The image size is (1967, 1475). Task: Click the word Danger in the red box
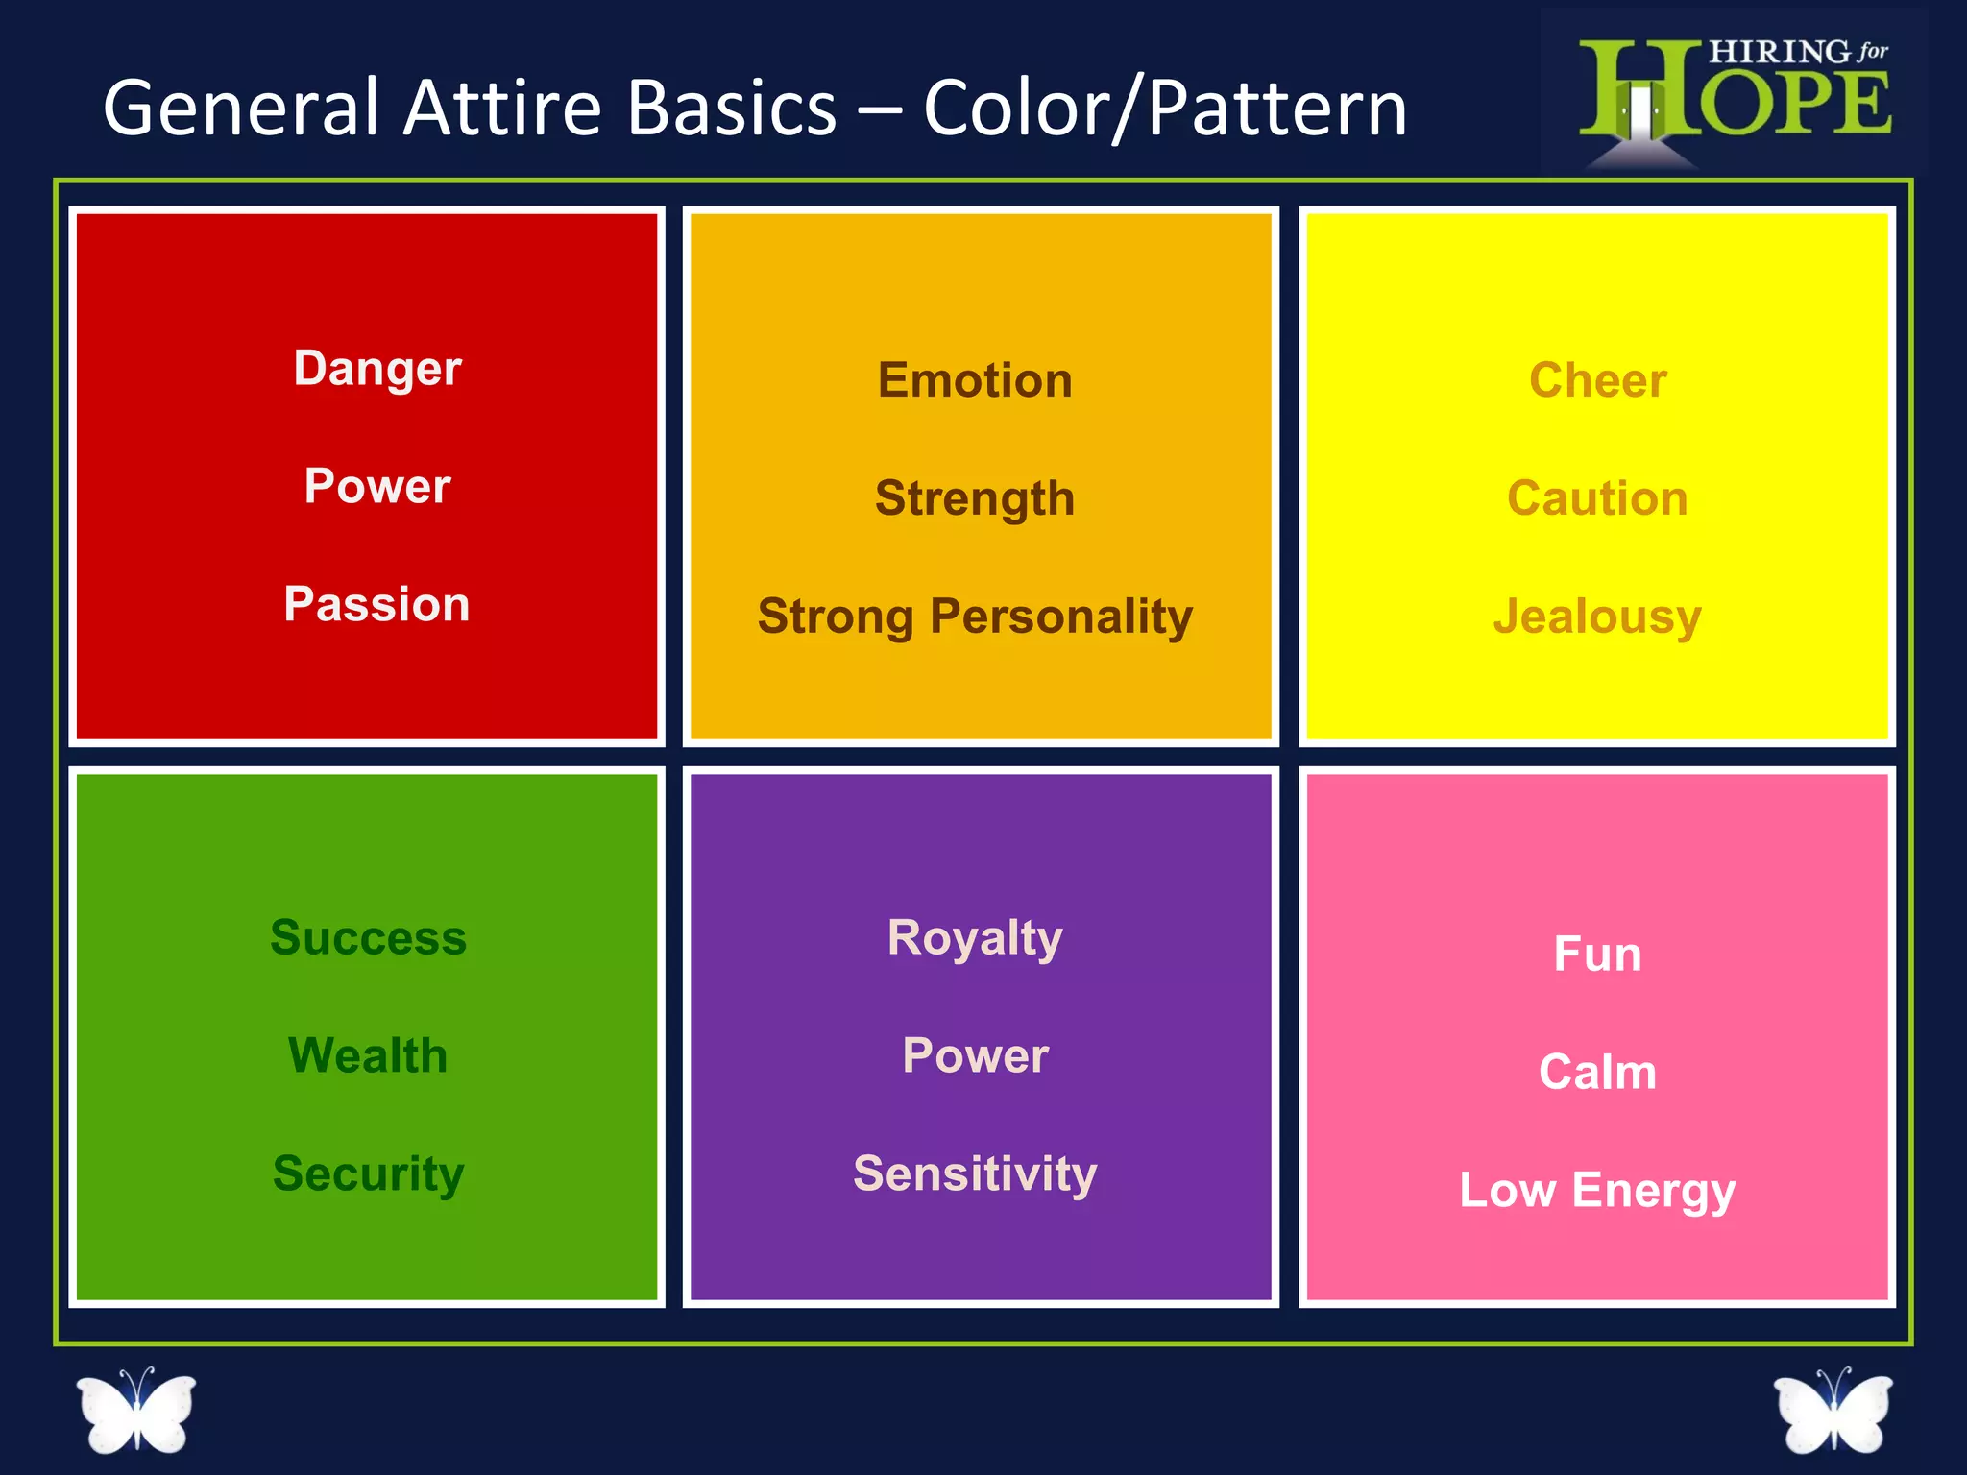click(377, 369)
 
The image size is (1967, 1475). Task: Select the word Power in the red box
click(377, 486)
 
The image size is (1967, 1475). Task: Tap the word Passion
click(376, 604)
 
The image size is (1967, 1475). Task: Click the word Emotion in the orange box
click(975, 380)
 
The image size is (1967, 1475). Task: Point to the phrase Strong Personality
click(975, 617)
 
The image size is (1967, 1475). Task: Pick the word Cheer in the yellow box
click(1597, 380)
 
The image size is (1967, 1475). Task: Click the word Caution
click(1597, 498)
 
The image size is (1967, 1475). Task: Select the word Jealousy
click(1597, 617)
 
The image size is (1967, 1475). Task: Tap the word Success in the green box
click(368, 937)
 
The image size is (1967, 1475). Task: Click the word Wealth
click(368, 1055)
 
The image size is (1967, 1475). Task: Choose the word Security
click(368, 1173)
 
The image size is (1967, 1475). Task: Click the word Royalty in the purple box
click(975, 937)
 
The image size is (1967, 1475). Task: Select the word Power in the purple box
click(975, 1055)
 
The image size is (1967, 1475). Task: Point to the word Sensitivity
click(975, 1173)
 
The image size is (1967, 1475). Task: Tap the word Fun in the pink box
click(1597, 954)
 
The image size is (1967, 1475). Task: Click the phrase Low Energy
click(1597, 1190)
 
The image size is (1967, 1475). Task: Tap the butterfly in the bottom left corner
click(136, 1410)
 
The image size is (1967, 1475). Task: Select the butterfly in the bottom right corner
click(1833, 1410)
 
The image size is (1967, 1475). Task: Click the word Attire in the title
click(501, 108)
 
